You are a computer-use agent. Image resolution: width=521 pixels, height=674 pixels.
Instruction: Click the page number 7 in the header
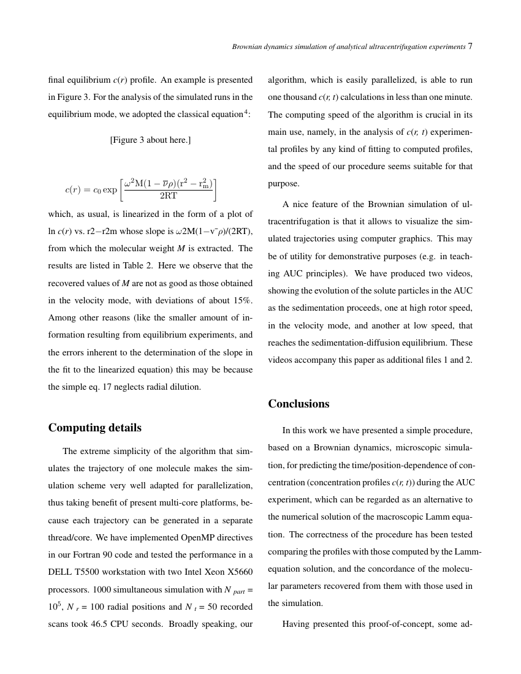(x=470, y=47)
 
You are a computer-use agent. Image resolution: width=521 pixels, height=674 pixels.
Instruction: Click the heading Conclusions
(x=299, y=404)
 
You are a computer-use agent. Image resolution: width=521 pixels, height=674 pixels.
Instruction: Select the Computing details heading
(x=94, y=428)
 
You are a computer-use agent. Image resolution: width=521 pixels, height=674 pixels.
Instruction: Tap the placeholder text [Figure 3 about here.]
(x=150, y=140)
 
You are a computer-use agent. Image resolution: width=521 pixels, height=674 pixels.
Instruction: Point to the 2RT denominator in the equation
(x=168, y=196)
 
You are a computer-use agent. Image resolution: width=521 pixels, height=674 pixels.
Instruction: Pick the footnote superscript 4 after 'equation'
(x=248, y=112)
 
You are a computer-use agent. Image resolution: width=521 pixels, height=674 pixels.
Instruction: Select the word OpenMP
(x=197, y=538)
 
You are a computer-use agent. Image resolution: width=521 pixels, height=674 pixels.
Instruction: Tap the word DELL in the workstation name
(x=61, y=572)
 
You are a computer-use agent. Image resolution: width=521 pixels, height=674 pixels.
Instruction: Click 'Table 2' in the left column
(x=135, y=266)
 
